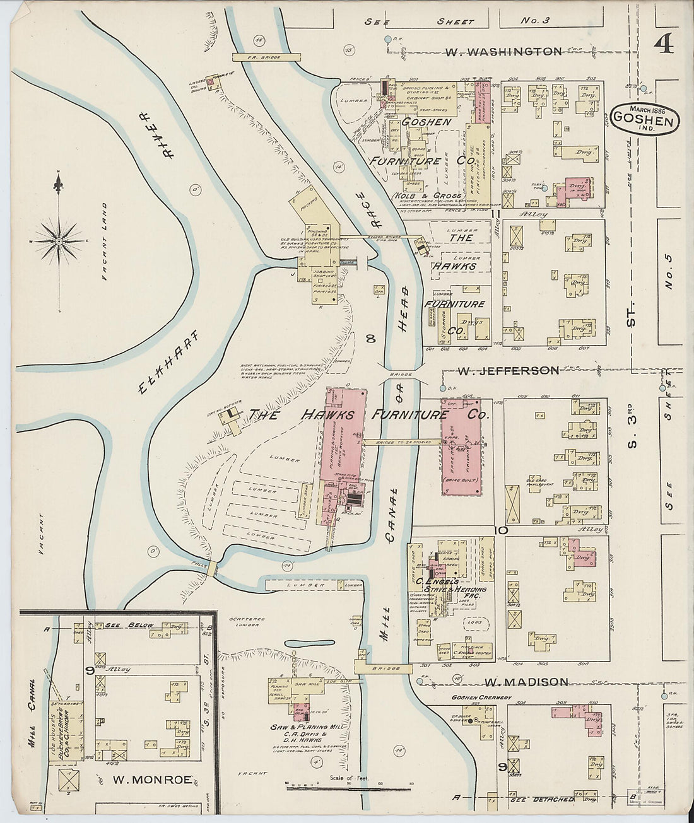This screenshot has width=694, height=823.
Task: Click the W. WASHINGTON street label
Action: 503,51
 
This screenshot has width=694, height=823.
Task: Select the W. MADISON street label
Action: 527,682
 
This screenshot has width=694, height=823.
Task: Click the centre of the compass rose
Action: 59,241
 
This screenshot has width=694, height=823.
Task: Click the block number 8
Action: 371,339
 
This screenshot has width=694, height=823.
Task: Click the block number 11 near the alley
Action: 496,214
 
